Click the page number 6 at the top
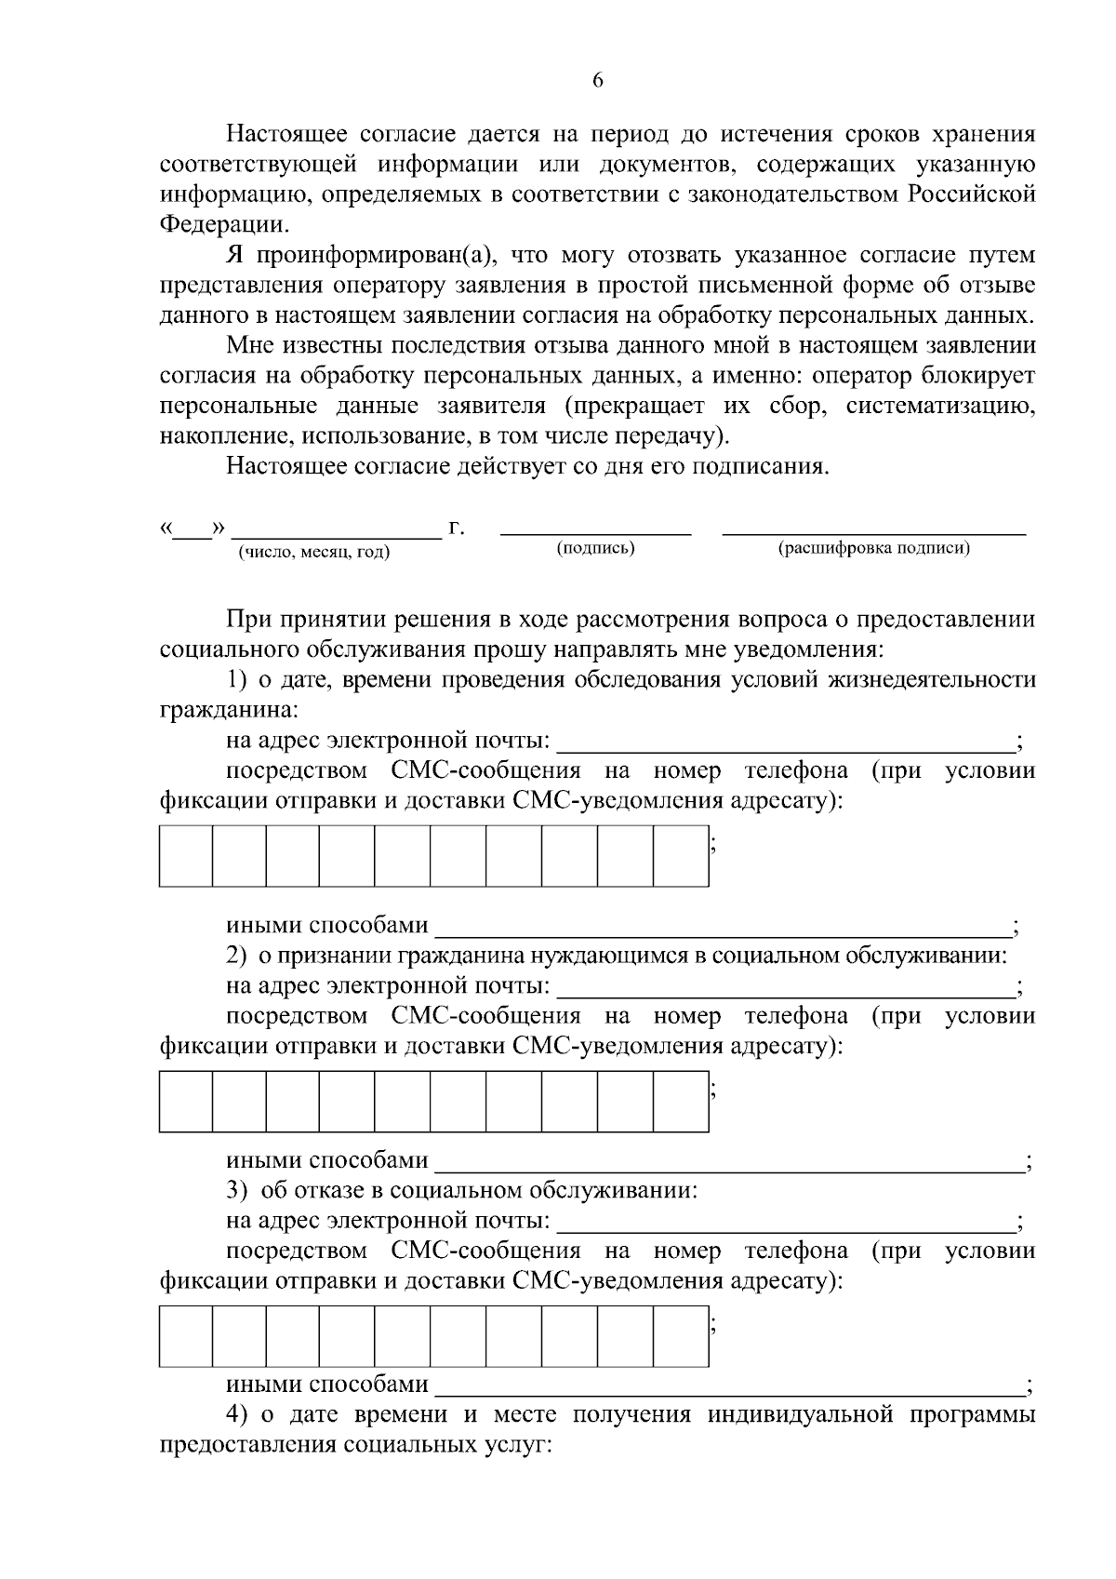coord(598,81)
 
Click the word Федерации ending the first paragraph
coord(223,224)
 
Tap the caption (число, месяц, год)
coord(314,553)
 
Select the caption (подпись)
coord(595,548)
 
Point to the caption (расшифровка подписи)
coord(873,548)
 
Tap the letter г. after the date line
coord(456,529)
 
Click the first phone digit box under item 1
coord(186,855)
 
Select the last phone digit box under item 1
coord(681,855)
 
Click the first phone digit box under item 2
coord(186,1101)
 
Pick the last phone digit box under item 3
coord(681,1336)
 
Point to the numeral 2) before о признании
coord(237,956)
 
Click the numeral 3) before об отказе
coord(237,1190)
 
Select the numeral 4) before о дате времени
coord(237,1415)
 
